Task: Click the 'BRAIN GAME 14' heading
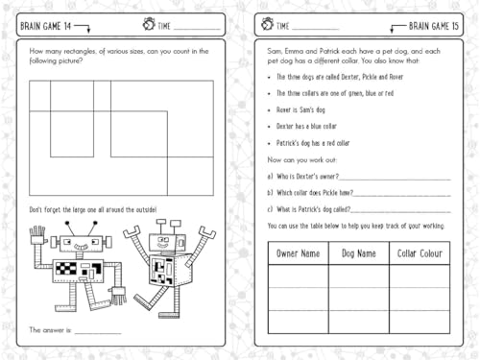[48, 19]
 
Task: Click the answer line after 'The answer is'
[98, 330]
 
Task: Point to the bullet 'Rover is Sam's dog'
[306, 110]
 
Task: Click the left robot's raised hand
[37, 235]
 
